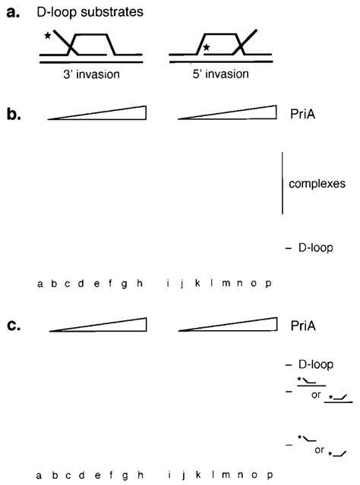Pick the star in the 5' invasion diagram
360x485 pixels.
tap(207, 48)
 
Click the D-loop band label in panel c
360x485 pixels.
tap(314, 364)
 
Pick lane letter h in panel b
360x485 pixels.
tap(140, 285)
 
